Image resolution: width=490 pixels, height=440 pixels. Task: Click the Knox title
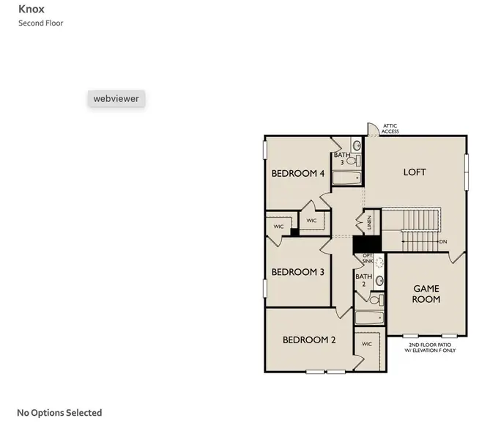click(31, 10)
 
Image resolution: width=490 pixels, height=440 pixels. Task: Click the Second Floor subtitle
click(41, 23)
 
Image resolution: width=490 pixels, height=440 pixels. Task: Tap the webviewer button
click(116, 98)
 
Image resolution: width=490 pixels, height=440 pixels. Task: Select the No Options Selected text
click(59, 413)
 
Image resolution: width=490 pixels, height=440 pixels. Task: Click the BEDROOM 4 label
click(297, 174)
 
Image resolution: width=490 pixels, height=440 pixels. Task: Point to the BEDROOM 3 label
click(297, 272)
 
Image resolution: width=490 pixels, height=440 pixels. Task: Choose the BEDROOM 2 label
click(309, 340)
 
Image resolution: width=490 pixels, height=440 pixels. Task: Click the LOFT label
click(415, 172)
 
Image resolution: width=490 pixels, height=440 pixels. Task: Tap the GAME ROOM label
click(426, 294)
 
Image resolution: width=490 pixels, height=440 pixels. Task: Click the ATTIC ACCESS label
click(390, 129)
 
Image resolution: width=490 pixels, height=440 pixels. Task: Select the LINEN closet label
click(369, 220)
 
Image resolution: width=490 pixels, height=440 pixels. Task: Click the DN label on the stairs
click(442, 241)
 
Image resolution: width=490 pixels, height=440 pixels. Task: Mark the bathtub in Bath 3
click(346, 177)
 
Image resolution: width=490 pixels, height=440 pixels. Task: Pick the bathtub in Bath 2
click(368, 318)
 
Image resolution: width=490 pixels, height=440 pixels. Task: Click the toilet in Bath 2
click(374, 300)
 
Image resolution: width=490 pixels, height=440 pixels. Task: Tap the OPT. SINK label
click(368, 258)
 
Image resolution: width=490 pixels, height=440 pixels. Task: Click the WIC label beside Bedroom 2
click(366, 344)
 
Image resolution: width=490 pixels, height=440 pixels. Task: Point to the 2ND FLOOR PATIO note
click(430, 348)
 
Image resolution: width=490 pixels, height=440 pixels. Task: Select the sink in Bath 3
click(357, 145)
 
